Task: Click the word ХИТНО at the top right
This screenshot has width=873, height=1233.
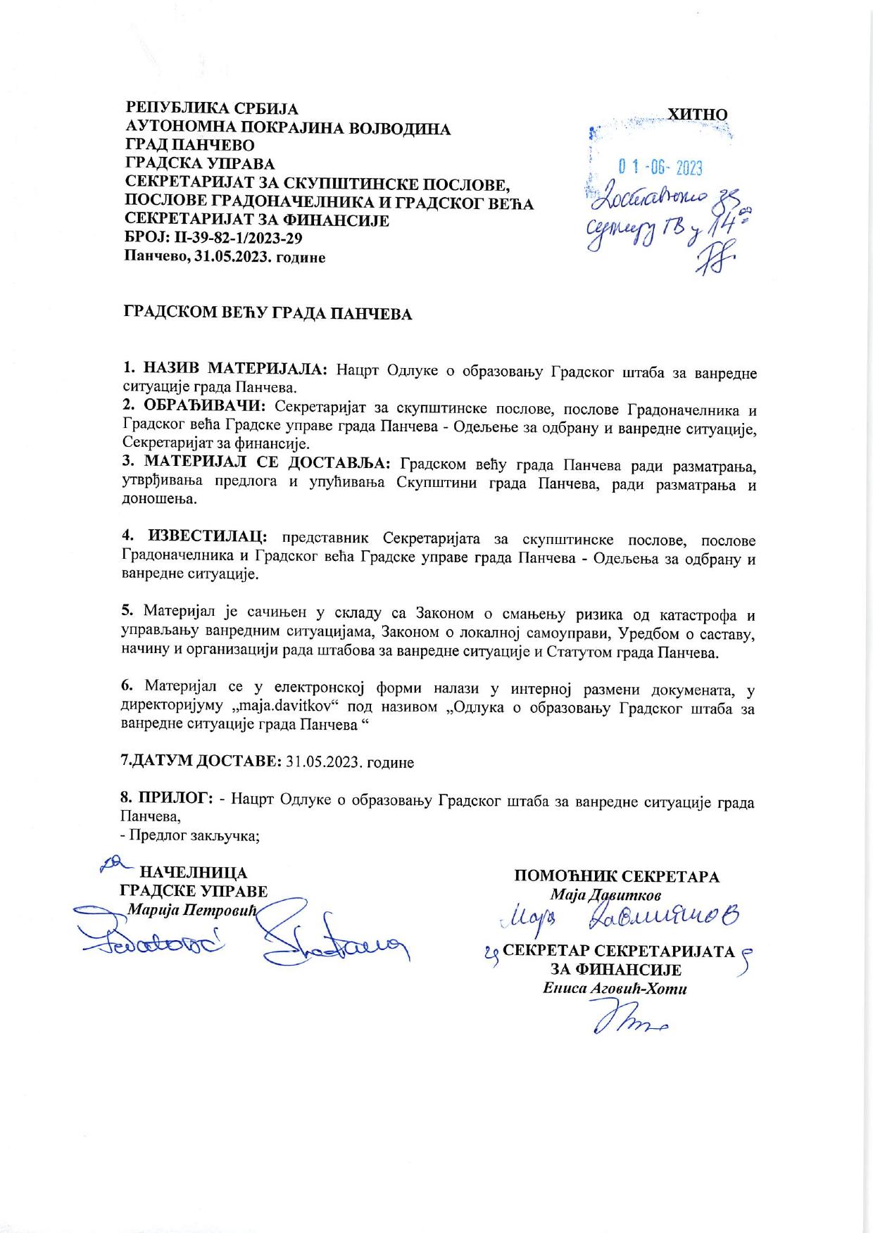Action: click(x=697, y=114)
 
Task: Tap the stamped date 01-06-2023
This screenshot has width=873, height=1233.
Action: click(x=660, y=167)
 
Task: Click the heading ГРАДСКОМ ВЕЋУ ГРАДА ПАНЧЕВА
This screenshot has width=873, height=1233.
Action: click(x=268, y=314)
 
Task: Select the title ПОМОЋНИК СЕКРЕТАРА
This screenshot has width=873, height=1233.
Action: click(x=617, y=876)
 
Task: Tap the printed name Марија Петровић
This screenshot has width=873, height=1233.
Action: click(x=192, y=909)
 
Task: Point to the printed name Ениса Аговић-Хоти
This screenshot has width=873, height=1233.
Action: click(x=615, y=988)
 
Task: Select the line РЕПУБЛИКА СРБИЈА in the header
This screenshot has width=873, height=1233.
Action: click(x=211, y=109)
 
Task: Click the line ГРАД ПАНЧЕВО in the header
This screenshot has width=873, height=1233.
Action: click(x=189, y=146)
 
